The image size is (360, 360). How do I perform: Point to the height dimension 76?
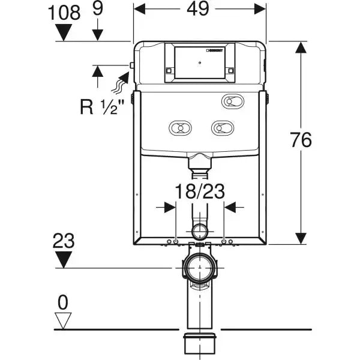pos(300,140)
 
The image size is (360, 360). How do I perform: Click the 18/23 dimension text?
pos(199,192)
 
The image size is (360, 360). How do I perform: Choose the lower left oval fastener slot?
pos(178,127)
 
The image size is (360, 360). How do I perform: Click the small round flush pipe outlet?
pos(199,230)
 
